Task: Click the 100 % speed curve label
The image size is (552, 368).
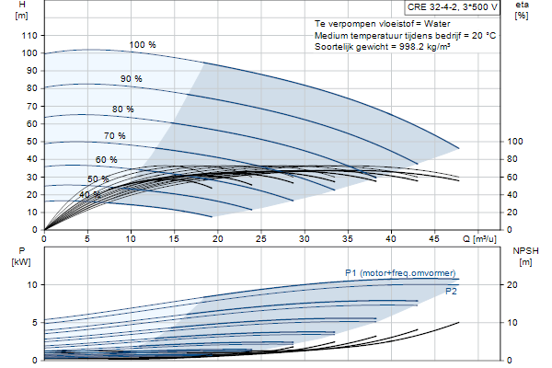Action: (143, 45)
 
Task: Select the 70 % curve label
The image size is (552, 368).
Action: (115, 135)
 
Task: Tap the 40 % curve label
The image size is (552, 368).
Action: (90, 195)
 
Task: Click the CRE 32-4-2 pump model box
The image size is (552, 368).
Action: (453, 7)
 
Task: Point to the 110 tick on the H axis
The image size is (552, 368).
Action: (29, 36)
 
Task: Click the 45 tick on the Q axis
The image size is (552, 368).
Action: (434, 239)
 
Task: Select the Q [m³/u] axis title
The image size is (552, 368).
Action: (479, 239)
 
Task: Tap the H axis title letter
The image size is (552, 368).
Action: (22, 5)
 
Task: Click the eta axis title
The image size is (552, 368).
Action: (522, 5)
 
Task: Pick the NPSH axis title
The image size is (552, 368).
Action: (525, 251)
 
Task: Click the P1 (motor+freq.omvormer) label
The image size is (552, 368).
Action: (400, 273)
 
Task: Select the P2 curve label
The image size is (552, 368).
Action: (451, 292)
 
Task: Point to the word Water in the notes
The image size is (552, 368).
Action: (437, 24)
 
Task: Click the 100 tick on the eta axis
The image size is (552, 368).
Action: (515, 142)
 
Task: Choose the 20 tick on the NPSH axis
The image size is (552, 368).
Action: (512, 285)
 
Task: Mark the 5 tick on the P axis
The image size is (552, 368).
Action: (35, 323)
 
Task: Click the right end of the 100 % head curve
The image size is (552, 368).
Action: (459, 149)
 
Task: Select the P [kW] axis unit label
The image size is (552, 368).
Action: (21, 262)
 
